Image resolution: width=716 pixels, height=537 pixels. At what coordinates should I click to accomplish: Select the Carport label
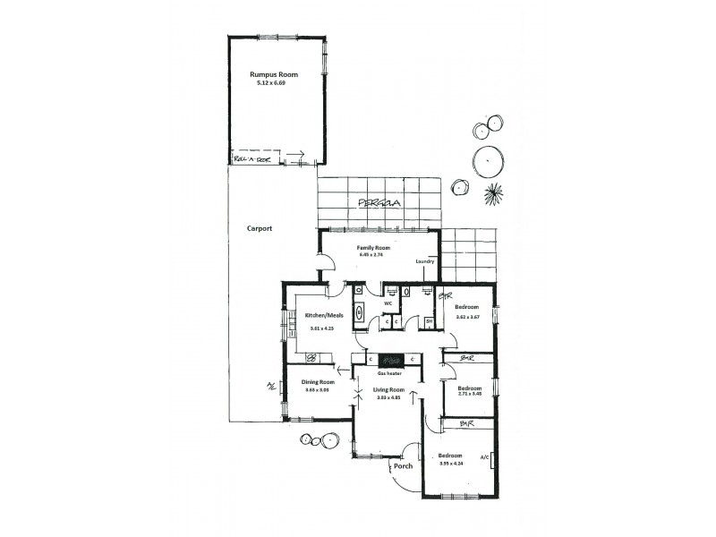pyautogui.click(x=260, y=228)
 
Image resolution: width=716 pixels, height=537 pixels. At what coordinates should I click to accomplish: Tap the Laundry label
pyautogui.click(x=425, y=261)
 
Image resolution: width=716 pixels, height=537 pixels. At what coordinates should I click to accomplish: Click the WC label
pyautogui.click(x=388, y=303)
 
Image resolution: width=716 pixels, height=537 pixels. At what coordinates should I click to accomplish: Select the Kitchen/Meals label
pyautogui.click(x=324, y=315)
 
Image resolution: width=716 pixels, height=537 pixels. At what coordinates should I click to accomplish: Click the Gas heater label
pyautogui.click(x=388, y=371)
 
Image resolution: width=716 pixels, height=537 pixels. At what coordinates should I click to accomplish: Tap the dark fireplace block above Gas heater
pyautogui.click(x=388, y=359)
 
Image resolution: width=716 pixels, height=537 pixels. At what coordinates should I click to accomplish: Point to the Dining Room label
pyautogui.click(x=318, y=382)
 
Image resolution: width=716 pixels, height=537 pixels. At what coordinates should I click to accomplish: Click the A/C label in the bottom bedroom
pyautogui.click(x=484, y=456)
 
